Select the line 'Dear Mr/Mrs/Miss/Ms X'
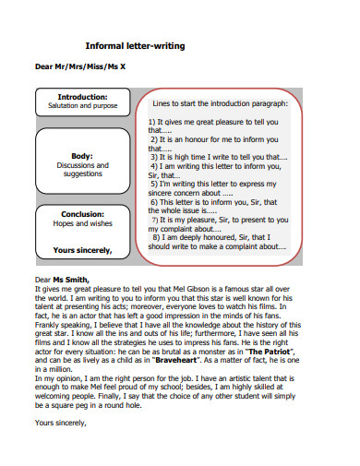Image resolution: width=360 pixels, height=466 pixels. pos(79,67)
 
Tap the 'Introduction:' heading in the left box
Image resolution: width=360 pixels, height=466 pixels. pos(82,97)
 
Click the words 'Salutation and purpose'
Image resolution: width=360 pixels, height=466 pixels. pos(82,106)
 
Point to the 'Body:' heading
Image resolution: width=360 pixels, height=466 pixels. pos(82,156)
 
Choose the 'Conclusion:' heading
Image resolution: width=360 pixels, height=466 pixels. pos(82,213)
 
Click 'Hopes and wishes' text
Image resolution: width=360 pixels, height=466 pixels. pos(82,223)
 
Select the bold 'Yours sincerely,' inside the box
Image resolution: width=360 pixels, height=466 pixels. pos(82,249)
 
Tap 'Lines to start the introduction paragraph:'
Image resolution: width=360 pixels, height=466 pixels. pos(220,104)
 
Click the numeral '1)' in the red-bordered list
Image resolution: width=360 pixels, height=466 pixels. pos(152,122)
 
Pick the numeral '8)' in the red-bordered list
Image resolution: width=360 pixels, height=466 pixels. pos(152,236)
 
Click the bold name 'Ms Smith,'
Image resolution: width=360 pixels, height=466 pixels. pos(71,279)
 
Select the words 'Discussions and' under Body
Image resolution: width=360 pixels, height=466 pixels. pos(82,165)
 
